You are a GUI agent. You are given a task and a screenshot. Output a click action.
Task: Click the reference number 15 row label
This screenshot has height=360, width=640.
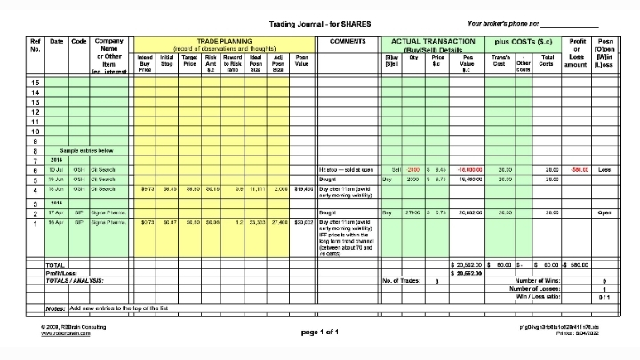36,83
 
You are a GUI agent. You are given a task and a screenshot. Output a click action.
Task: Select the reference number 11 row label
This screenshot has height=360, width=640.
36,121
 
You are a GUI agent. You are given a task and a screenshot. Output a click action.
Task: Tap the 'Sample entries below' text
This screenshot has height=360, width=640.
87,151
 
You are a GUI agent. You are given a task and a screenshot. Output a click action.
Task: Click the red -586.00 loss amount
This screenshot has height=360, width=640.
579,170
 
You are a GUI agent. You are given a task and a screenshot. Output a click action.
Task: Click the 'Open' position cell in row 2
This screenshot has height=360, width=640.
605,213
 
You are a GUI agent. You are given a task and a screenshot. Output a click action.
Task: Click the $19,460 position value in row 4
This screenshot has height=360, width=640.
302,188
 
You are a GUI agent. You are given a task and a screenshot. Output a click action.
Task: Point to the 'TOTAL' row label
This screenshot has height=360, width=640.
55,265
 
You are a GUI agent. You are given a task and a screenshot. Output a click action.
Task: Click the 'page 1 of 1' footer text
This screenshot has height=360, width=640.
320,332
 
